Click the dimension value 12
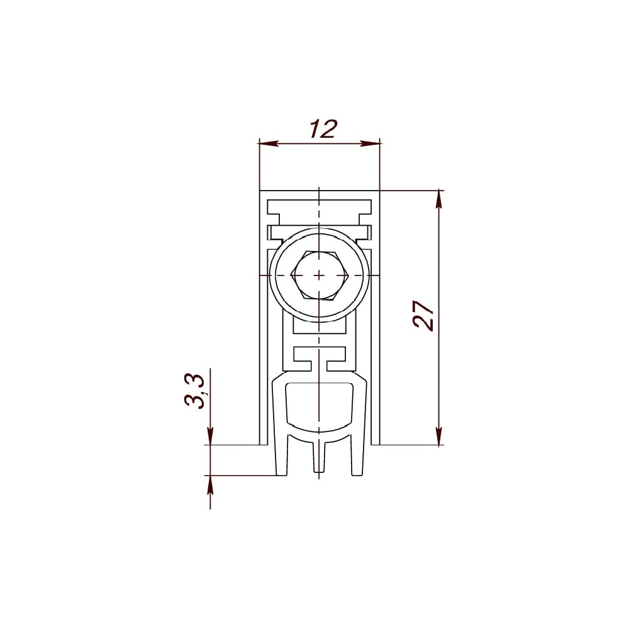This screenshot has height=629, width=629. click(323, 129)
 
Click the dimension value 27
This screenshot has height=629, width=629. click(423, 315)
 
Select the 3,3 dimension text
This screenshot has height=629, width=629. click(195, 391)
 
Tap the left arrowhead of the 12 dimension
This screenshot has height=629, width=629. click(269, 143)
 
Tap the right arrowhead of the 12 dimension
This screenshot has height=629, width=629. click(370, 143)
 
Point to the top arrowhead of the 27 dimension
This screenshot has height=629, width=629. click(439, 199)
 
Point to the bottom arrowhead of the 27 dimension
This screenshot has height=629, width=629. click(439, 436)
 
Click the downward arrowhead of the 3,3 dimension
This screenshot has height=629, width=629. click(210, 436)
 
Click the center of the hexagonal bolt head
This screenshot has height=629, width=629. click(319, 276)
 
